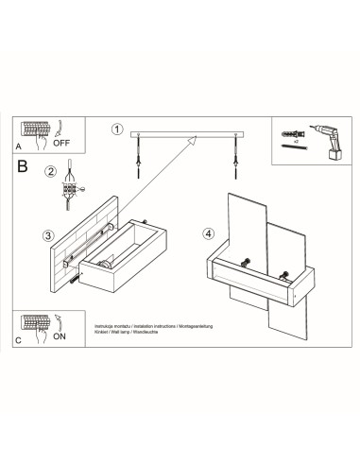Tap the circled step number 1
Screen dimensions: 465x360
[x=117, y=129]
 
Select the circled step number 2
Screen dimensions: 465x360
[x=50, y=171]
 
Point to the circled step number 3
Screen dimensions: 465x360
[x=48, y=234]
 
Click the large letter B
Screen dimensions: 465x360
[x=23, y=167]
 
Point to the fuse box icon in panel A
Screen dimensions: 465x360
[x=36, y=131]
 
